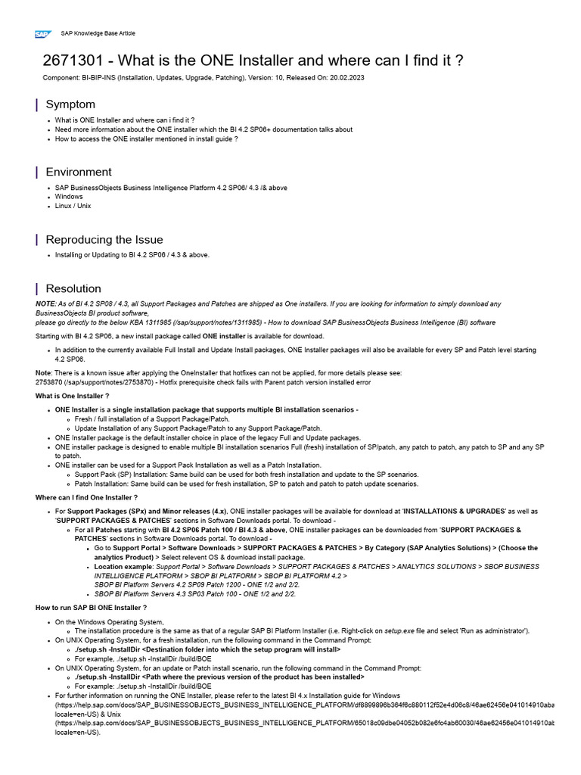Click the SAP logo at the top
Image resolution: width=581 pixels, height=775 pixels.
click(42, 33)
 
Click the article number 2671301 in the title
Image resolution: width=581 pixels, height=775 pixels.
click(73, 61)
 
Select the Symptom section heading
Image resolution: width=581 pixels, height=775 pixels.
click(70, 104)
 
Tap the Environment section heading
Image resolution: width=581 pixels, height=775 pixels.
click(78, 172)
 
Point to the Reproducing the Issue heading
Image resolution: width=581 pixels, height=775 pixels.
click(104, 239)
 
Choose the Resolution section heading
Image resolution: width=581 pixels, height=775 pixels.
click(73, 288)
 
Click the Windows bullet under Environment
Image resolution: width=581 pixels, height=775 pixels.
click(69, 196)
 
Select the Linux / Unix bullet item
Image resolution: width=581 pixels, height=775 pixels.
click(73, 206)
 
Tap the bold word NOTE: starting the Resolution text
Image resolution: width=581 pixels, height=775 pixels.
click(45, 303)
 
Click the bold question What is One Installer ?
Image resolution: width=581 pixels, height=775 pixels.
click(73, 396)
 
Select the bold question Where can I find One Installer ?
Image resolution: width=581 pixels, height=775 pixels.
click(86, 497)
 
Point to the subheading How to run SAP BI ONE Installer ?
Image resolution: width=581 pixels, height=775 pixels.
click(91, 608)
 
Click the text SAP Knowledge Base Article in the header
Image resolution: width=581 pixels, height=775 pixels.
click(98, 34)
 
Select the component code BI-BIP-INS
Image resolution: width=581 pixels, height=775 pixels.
click(99, 78)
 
